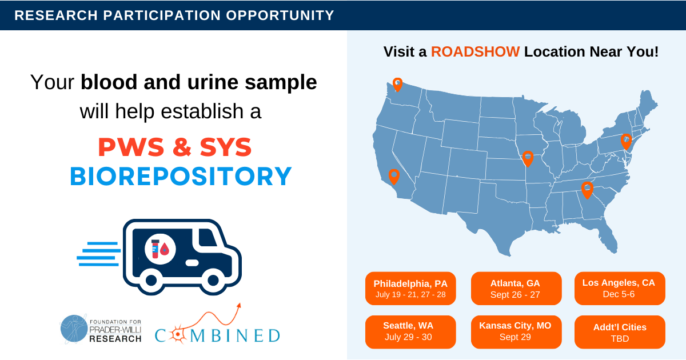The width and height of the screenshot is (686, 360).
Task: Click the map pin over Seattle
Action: coord(397,84)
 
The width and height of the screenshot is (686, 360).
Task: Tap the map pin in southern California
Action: coord(393,176)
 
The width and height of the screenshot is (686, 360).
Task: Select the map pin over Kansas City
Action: coord(528,158)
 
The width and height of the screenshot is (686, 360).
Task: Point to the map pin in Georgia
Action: coord(587,189)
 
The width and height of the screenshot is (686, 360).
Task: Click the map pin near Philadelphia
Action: coord(626,141)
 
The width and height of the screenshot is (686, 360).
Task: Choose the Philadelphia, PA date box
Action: coord(410,289)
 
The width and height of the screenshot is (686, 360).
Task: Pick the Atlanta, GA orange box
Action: coord(515,289)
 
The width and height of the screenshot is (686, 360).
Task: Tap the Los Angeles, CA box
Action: coord(619,289)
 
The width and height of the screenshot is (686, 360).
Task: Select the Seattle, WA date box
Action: coord(410,331)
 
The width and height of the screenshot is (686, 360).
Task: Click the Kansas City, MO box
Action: coord(515,331)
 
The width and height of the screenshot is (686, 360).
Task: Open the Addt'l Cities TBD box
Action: coord(619,331)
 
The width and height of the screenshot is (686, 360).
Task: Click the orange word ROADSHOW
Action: coord(475,51)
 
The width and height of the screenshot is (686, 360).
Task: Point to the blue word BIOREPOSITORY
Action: coord(181,176)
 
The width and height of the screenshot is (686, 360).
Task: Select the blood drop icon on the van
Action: coord(165,249)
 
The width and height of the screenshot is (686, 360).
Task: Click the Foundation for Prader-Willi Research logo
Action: coord(101,329)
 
